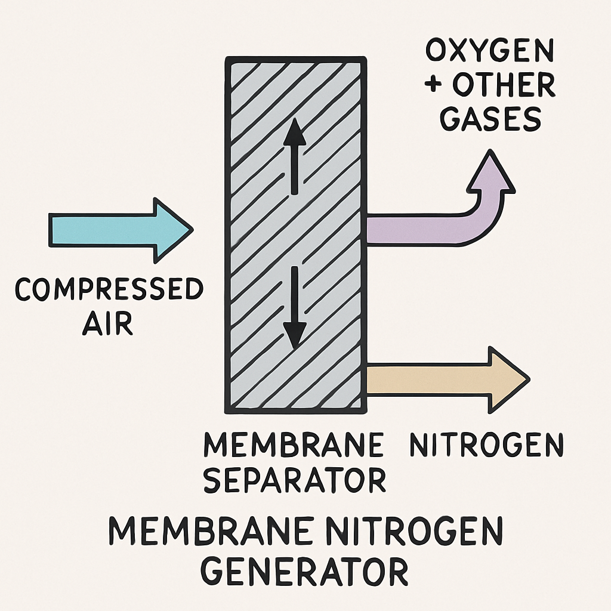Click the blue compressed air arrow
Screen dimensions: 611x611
[121, 230]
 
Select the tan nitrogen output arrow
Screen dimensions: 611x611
[448, 380]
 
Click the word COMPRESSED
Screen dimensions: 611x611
[109, 289]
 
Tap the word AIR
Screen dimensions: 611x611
[107, 323]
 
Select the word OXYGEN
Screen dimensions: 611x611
[490, 50]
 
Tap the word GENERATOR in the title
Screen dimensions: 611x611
[304, 572]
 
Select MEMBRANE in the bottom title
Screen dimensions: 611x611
[209, 531]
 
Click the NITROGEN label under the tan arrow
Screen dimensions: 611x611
[487, 445]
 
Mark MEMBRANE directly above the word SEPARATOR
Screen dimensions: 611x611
[294, 445]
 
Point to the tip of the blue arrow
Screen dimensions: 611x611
[193, 230]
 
